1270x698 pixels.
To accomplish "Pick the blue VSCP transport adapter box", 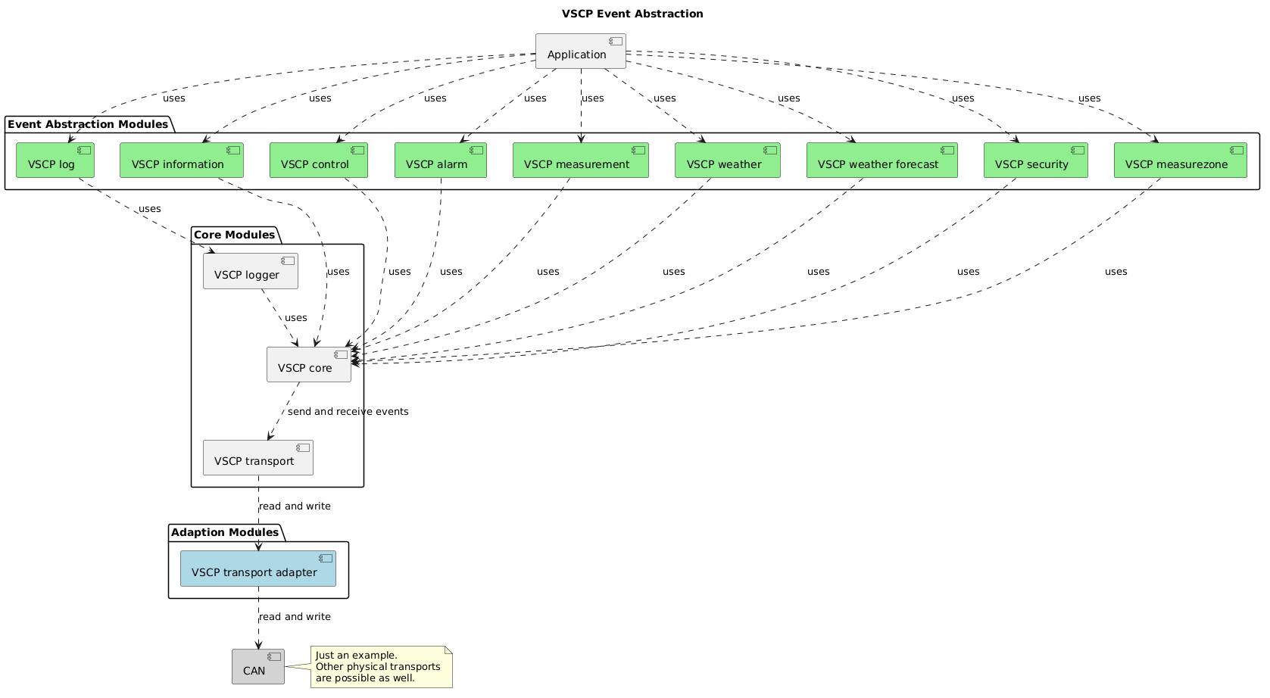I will click(x=257, y=569).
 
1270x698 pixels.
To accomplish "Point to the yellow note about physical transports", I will click(x=381, y=667).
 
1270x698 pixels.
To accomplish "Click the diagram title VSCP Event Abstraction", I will click(x=632, y=14).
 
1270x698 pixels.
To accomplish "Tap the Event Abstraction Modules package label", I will click(x=88, y=124).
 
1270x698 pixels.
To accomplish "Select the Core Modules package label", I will click(x=234, y=235).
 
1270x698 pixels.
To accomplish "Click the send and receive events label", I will click(x=348, y=412).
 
